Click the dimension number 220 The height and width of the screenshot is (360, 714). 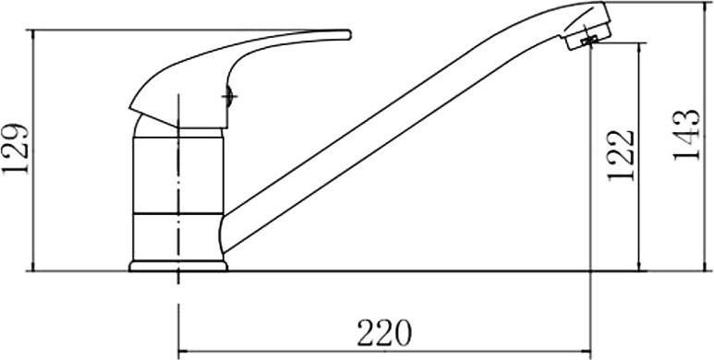pyautogui.click(x=384, y=332)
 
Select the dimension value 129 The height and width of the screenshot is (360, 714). pyautogui.click(x=16, y=149)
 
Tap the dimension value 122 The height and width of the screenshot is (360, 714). pyautogui.click(x=621, y=156)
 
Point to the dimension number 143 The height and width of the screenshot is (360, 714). pyautogui.click(x=686, y=135)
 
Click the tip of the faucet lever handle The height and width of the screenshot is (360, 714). pyautogui.click(x=349, y=35)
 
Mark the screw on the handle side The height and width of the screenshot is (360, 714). pyautogui.click(x=229, y=97)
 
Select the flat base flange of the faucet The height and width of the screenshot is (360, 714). pyautogui.click(x=178, y=266)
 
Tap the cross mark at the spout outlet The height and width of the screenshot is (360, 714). pyautogui.click(x=590, y=41)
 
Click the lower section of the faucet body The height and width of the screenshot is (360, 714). pyautogui.click(x=178, y=237)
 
